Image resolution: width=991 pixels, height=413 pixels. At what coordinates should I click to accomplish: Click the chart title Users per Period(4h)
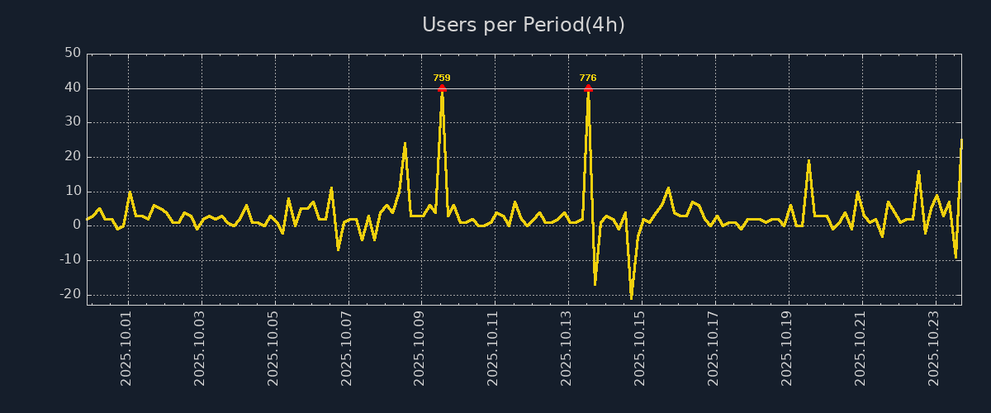pos(524,25)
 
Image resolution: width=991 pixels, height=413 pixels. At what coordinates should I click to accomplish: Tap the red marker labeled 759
pos(442,88)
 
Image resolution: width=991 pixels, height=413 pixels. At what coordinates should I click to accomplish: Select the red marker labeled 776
pos(588,88)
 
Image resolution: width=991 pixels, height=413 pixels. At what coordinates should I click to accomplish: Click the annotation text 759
pos(442,78)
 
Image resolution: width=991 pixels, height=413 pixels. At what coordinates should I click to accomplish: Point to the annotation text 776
pos(588,78)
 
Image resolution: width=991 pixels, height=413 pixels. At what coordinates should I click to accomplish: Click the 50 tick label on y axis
pos(73,53)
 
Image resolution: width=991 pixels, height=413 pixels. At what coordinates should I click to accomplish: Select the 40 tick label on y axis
pos(73,88)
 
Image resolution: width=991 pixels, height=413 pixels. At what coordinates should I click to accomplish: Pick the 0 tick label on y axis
pos(76,225)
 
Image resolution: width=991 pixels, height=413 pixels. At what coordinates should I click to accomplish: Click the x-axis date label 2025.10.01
pos(127,348)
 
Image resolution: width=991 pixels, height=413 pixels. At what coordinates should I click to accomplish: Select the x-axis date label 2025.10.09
pos(420,348)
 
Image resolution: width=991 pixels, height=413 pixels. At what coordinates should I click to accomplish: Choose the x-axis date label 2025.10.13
pos(567,348)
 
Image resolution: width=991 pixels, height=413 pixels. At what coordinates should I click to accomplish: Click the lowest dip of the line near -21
pos(631,297)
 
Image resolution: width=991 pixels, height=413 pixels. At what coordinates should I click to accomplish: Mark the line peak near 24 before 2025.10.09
pos(405,144)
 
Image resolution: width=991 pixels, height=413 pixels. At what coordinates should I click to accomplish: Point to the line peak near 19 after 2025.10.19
pos(808,160)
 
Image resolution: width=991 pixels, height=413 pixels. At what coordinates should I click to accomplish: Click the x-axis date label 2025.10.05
pos(274,348)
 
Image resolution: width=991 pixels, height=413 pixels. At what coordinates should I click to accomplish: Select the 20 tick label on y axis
pos(73,156)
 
